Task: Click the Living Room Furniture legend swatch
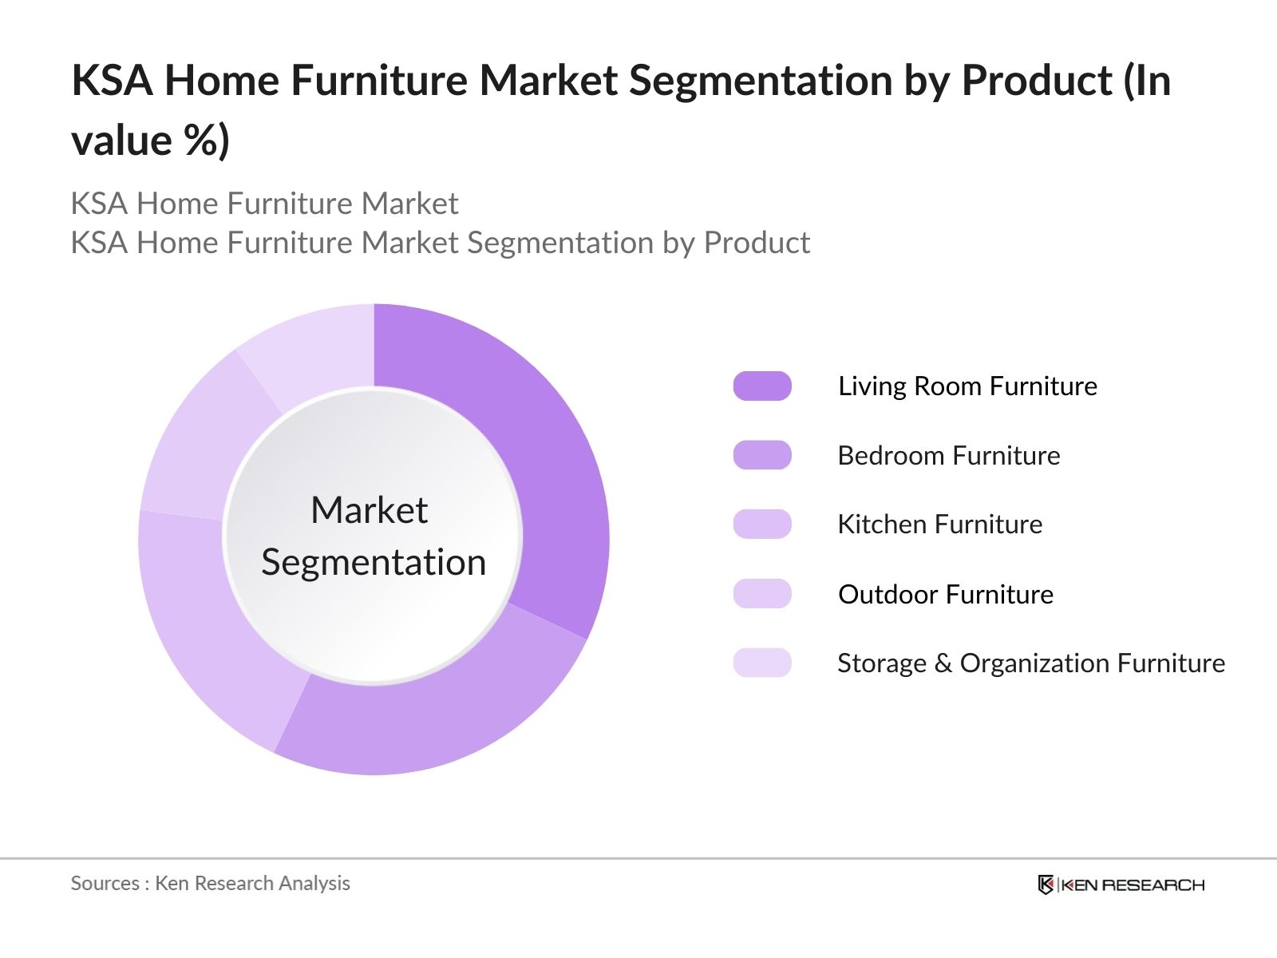pos(762,386)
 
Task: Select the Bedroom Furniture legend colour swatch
pos(762,455)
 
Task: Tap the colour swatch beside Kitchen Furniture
pos(762,525)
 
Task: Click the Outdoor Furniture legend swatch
pos(762,594)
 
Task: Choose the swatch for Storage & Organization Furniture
pos(762,663)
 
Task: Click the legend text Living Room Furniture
pos(967,386)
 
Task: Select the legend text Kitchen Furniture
pos(939,525)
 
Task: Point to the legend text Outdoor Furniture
pos(946,594)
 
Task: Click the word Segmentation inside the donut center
pos(374,563)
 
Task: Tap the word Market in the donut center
pos(369,510)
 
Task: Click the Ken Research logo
pos(1121,885)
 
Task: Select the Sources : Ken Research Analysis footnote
pos(210,883)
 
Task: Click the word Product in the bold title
pos(1037,81)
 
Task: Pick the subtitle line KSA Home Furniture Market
pos(264,204)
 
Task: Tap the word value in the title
pos(121,141)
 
